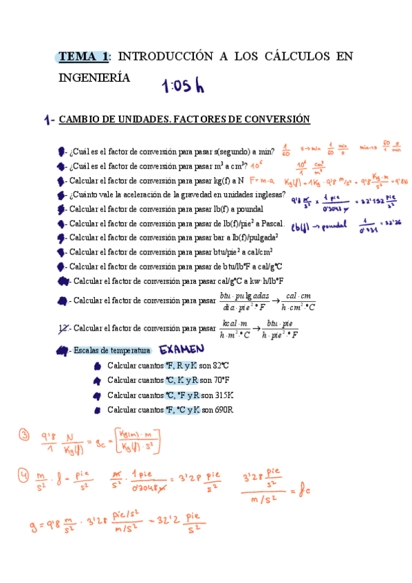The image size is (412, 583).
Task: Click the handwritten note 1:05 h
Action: (x=183, y=85)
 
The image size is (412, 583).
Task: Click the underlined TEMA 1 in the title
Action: (x=83, y=56)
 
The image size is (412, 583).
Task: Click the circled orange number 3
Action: (x=24, y=435)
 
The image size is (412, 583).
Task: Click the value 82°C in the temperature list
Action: (x=222, y=366)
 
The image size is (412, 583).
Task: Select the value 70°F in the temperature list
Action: (x=222, y=380)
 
